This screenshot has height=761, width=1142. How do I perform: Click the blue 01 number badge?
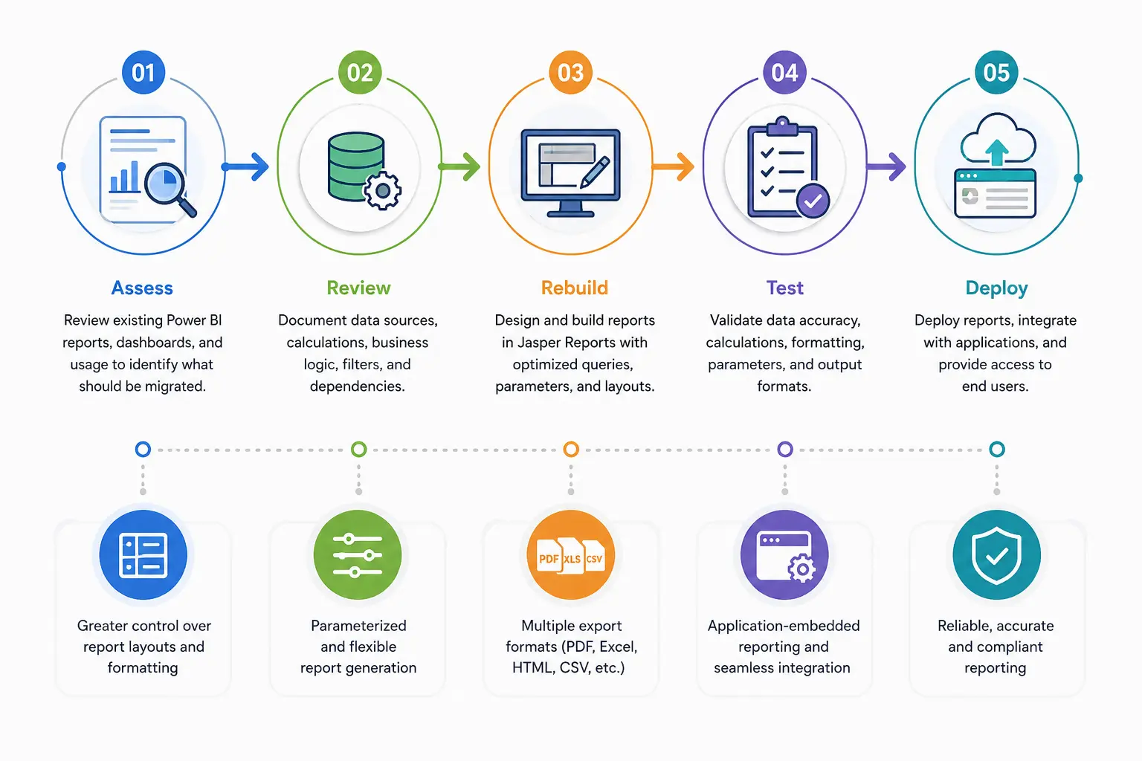click(x=143, y=72)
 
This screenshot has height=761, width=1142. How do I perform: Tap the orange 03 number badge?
click(x=570, y=72)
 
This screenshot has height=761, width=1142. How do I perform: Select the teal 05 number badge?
click(x=996, y=72)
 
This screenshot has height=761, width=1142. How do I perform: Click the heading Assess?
click(x=142, y=288)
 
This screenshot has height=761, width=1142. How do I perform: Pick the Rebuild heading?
click(x=575, y=288)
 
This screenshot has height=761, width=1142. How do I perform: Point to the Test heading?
click(x=784, y=288)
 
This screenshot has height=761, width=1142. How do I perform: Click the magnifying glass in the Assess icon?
click(x=170, y=190)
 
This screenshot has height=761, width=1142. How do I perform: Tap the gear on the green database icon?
click(x=382, y=191)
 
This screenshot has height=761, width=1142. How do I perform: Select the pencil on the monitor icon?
click(x=595, y=172)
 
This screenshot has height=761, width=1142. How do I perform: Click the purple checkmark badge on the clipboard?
click(x=813, y=201)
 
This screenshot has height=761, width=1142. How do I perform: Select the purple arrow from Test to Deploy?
click(x=886, y=166)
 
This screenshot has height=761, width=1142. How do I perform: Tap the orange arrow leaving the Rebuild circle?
click(x=673, y=166)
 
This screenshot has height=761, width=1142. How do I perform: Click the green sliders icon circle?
click(x=358, y=554)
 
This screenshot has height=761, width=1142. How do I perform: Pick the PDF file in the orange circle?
click(x=549, y=557)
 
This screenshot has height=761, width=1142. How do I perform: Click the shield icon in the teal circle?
click(x=996, y=556)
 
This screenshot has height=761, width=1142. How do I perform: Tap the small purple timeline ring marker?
click(x=784, y=449)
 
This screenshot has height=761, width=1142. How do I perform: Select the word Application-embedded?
click(x=784, y=626)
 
